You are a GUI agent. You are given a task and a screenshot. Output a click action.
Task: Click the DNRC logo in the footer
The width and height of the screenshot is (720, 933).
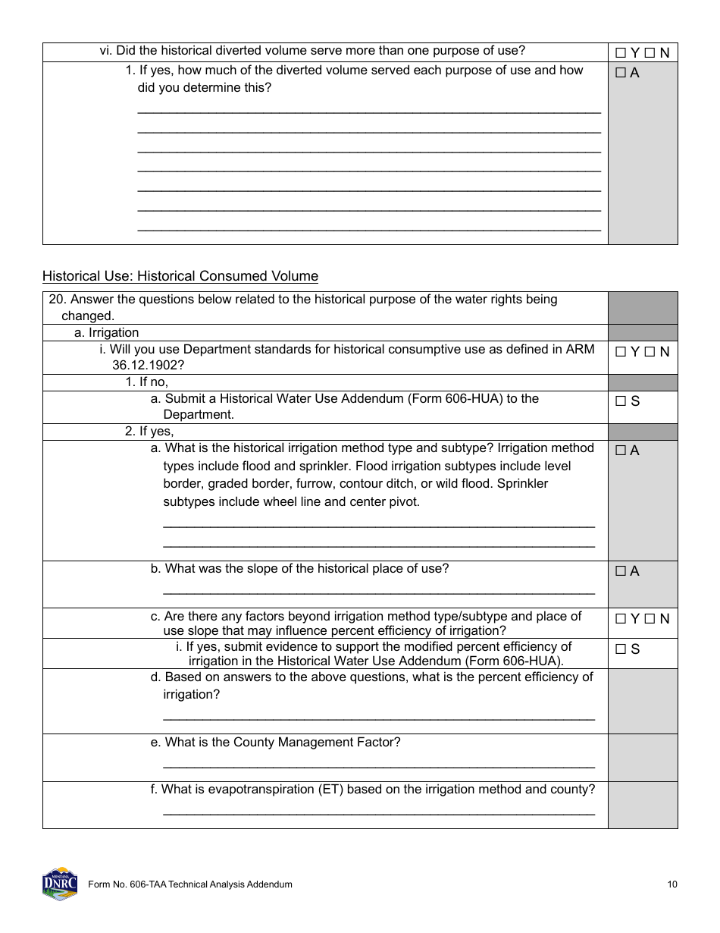60,884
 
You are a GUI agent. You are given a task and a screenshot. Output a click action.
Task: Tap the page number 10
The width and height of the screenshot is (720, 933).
672,884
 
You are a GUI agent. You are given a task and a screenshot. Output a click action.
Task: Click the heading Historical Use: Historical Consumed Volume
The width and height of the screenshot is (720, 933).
180,276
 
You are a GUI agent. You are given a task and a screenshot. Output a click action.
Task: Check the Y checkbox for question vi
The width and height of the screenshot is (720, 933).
621,53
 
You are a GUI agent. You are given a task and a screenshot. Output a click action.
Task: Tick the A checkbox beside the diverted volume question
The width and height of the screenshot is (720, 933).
621,74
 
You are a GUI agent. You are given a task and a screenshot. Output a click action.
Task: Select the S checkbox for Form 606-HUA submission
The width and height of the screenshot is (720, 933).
621,401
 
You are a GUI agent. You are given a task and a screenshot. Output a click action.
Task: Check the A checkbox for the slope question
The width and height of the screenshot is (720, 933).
621,571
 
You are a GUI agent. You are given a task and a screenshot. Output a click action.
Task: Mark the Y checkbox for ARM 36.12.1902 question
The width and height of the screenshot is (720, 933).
621,352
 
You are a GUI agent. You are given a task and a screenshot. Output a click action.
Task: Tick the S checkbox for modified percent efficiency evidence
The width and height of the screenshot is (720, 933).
621,649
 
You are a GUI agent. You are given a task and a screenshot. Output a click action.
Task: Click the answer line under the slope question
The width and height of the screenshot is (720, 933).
379,591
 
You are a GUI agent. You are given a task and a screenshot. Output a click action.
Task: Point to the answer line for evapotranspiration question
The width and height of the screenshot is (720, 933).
379,812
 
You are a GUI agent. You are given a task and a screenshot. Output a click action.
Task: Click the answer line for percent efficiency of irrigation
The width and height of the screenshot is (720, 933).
379,717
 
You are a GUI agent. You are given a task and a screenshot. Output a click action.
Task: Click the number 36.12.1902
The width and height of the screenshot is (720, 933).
148,365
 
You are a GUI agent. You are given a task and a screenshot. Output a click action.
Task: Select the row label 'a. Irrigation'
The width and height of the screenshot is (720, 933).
106,333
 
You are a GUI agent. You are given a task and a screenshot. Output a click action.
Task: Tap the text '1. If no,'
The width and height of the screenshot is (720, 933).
146,382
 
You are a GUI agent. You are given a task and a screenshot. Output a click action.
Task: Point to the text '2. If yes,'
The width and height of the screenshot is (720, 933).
149,432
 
